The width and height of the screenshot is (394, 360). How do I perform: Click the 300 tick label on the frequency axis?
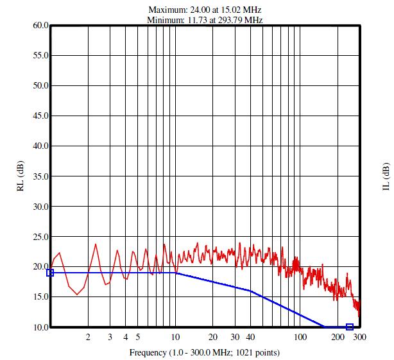360,337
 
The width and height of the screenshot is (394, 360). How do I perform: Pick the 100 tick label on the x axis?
300,337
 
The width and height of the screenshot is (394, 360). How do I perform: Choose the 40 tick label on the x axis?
250,337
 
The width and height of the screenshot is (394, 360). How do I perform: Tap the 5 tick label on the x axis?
137,337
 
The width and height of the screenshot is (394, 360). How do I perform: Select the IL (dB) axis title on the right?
386,176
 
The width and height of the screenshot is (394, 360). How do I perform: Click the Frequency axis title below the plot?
205,352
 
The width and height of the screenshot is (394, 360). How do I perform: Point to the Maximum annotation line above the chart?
205,10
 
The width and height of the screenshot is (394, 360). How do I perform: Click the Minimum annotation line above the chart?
205,20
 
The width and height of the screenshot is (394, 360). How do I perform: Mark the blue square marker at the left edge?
50,273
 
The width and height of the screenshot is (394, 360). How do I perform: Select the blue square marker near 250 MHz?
350,327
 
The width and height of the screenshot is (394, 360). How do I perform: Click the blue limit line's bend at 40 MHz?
250,291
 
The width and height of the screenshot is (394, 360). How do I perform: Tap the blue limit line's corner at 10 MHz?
176,273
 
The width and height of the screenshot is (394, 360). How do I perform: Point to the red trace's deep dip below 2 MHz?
78,295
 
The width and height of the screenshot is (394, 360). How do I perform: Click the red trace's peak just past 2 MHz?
96,244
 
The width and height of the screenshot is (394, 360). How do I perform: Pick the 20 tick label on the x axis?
213,337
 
